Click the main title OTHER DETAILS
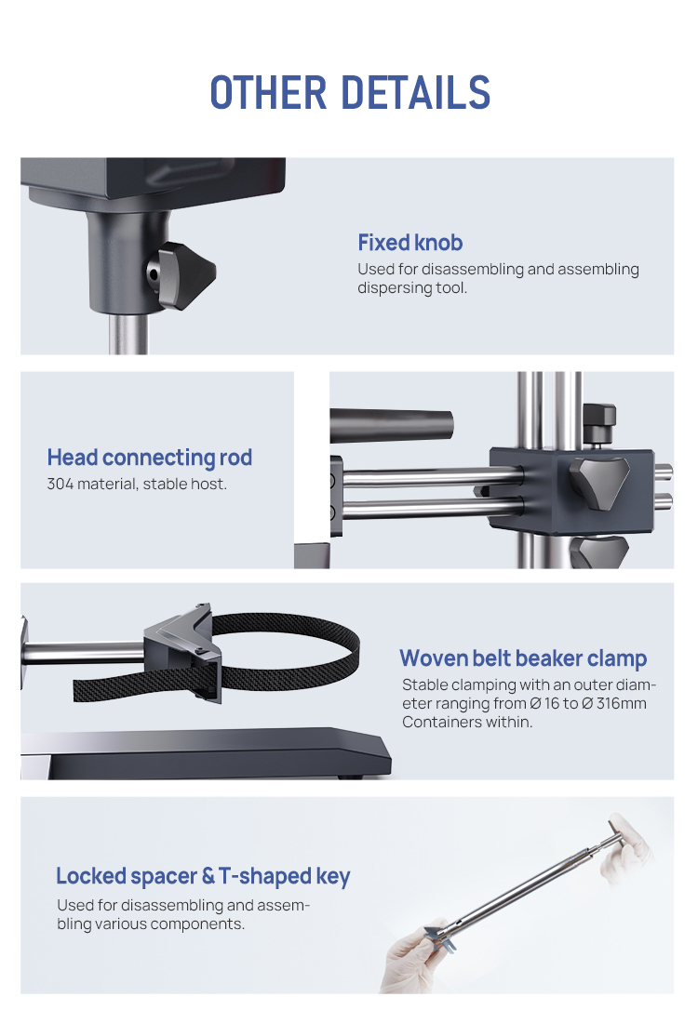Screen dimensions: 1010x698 (x=349, y=93)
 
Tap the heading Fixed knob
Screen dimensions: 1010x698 (x=409, y=243)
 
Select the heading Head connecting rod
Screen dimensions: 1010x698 (x=149, y=458)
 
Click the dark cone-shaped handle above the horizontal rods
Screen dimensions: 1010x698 (x=391, y=425)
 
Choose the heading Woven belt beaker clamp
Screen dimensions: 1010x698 (x=522, y=658)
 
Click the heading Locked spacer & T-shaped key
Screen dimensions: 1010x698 (x=203, y=876)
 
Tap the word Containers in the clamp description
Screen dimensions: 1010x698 (x=441, y=722)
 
